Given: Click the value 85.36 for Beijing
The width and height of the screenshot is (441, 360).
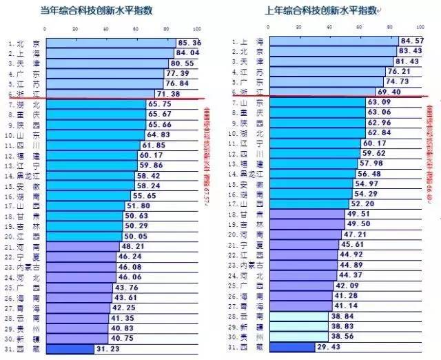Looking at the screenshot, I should (188, 43).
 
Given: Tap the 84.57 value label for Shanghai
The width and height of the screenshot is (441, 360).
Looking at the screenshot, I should (412, 41).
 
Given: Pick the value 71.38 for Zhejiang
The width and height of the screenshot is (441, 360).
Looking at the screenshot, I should (168, 93).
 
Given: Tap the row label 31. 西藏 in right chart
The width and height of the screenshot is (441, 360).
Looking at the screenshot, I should (241, 348).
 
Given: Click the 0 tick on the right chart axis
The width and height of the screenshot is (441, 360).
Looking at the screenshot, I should (269, 28).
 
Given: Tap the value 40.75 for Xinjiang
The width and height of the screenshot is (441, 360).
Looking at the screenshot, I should (122, 338).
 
